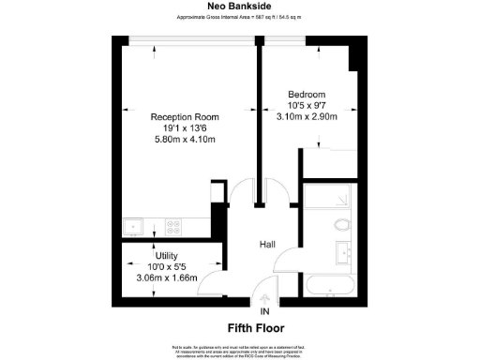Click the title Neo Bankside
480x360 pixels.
click(239, 6)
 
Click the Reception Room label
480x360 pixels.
click(184, 117)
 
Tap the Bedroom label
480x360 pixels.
click(307, 95)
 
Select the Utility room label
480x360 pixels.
click(154, 255)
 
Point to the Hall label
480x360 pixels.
click(267, 244)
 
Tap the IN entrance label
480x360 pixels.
click(264, 311)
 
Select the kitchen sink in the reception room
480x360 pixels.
click(133, 225)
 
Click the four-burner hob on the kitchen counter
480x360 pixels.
click(173, 225)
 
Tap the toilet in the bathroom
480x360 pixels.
click(341, 226)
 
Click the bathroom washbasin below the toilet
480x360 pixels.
click(341, 251)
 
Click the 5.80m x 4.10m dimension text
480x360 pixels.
click(184, 140)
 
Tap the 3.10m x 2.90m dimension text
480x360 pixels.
click(307, 116)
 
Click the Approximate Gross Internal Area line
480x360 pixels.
click(239, 18)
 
